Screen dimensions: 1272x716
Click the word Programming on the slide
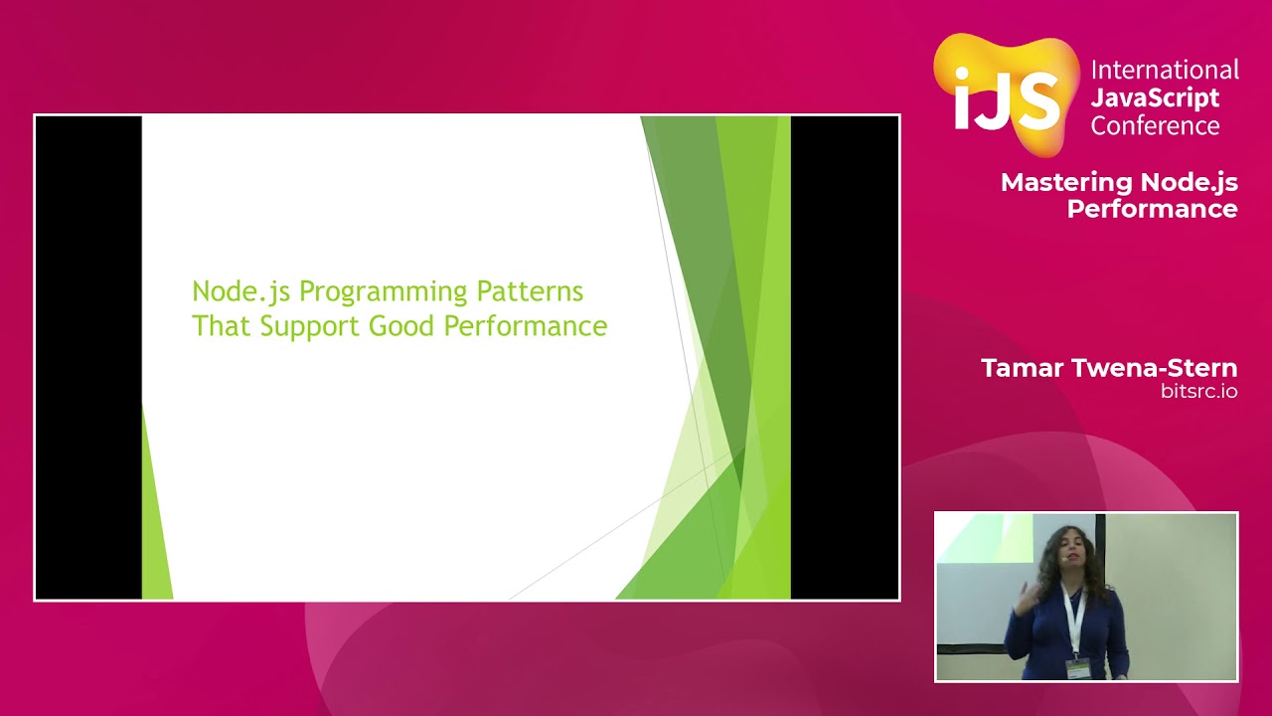click(384, 292)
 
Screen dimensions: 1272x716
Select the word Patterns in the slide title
click(530, 291)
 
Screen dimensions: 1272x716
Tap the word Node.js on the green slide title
click(241, 291)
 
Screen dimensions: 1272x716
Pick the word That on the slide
click(221, 325)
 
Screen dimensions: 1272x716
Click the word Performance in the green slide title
click(526, 325)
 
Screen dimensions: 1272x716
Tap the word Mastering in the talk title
click(1066, 182)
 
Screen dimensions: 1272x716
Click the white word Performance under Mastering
click(1152, 209)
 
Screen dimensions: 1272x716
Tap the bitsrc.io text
click(1199, 392)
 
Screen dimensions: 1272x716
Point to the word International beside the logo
click(1165, 70)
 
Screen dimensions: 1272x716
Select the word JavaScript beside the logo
click(1155, 97)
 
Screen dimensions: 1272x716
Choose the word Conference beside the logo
click(1155, 125)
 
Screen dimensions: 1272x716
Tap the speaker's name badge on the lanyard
click(1076, 669)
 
